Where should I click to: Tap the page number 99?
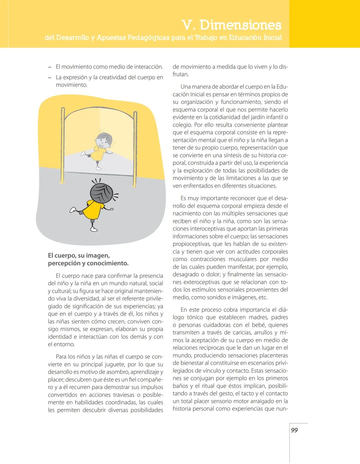(x=294, y=430)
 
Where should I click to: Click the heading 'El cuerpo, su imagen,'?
(x=79, y=256)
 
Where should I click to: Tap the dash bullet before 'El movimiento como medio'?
(x=50, y=67)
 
